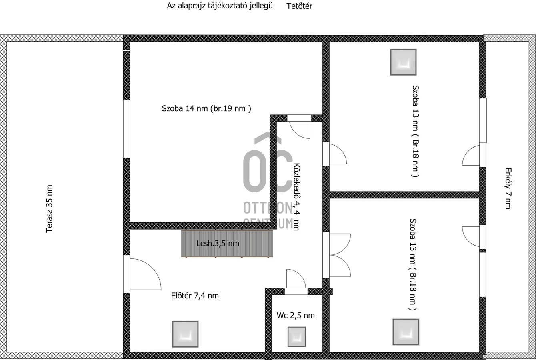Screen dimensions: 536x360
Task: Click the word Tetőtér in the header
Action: (299, 6)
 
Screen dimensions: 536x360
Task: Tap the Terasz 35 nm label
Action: (49, 209)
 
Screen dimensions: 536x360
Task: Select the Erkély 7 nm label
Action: (508, 188)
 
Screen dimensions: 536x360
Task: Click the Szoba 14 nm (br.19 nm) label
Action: (206, 108)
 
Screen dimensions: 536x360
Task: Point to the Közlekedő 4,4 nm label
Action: (297, 197)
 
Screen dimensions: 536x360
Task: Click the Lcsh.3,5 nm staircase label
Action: (218, 244)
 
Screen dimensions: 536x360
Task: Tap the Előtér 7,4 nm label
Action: (195, 296)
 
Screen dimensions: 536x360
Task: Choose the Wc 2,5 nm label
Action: (296, 315)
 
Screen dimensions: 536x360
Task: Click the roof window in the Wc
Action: (296, 336)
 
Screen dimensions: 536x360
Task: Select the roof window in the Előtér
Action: (185, 334)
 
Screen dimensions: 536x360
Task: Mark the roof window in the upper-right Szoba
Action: (403, 62)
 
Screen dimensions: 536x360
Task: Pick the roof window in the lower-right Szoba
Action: (406, 332)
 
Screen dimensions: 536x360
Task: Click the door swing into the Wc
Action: (296, 279)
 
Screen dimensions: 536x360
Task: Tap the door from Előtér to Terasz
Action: (145, 274)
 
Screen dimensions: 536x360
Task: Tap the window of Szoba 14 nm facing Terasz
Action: (126, 129)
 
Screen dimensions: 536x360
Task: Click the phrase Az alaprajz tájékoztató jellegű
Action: (220, 6)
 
